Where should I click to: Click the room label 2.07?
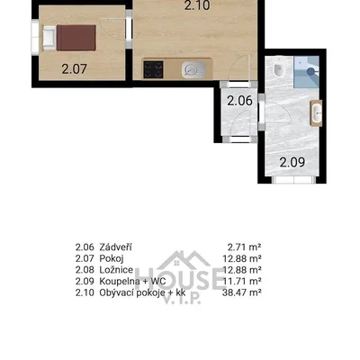74,69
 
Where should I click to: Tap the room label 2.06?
239,101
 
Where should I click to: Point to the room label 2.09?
292,162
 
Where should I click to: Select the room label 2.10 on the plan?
197,5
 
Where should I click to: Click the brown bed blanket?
76,38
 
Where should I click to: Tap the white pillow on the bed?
49,38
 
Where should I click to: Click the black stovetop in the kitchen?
153,69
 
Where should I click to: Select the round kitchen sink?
193,70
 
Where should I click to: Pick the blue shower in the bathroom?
306,72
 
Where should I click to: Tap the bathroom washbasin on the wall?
316,112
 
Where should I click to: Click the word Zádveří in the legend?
115,247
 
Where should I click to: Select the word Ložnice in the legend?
116,270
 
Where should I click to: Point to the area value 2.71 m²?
244,247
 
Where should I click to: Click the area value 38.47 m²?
241,292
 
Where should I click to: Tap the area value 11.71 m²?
242,281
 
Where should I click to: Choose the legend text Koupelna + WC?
132,281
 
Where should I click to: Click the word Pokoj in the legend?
112,258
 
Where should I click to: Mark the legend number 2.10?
85,292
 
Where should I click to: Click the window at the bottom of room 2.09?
294,180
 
